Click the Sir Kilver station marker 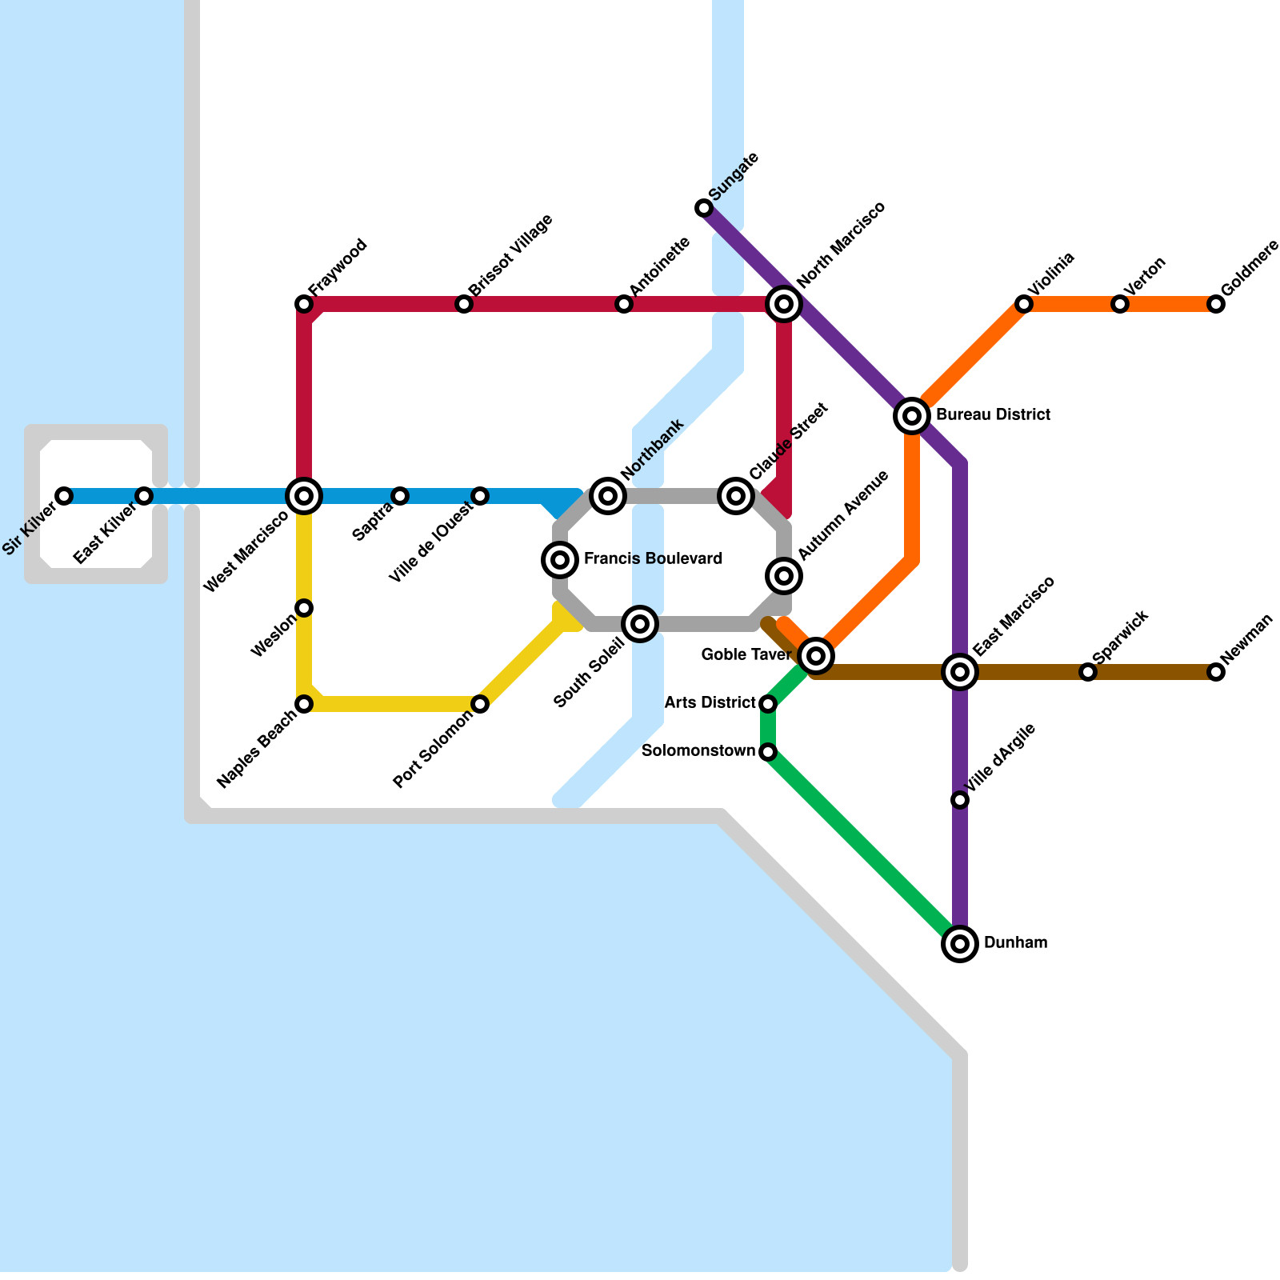pos(64,496)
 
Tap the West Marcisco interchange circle pos(304,496)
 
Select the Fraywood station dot pos(304,304)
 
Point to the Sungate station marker pos(704,208)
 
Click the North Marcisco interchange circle pos(784,304)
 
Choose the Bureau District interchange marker pos(912,416)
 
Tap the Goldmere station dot pos(1216,304)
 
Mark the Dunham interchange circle pos(960,944)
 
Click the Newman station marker pos(1216,672)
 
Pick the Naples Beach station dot pos(304,704)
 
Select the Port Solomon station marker pos(480,704)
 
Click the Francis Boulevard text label pos(653,559)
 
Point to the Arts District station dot pos(768,704)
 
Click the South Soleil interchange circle pos(640,624)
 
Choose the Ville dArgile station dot pos(960,800)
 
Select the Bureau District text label pos(992,415)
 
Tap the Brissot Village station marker pos(464,304)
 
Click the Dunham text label pos(1015,943)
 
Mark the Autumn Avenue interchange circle pos(784,576)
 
